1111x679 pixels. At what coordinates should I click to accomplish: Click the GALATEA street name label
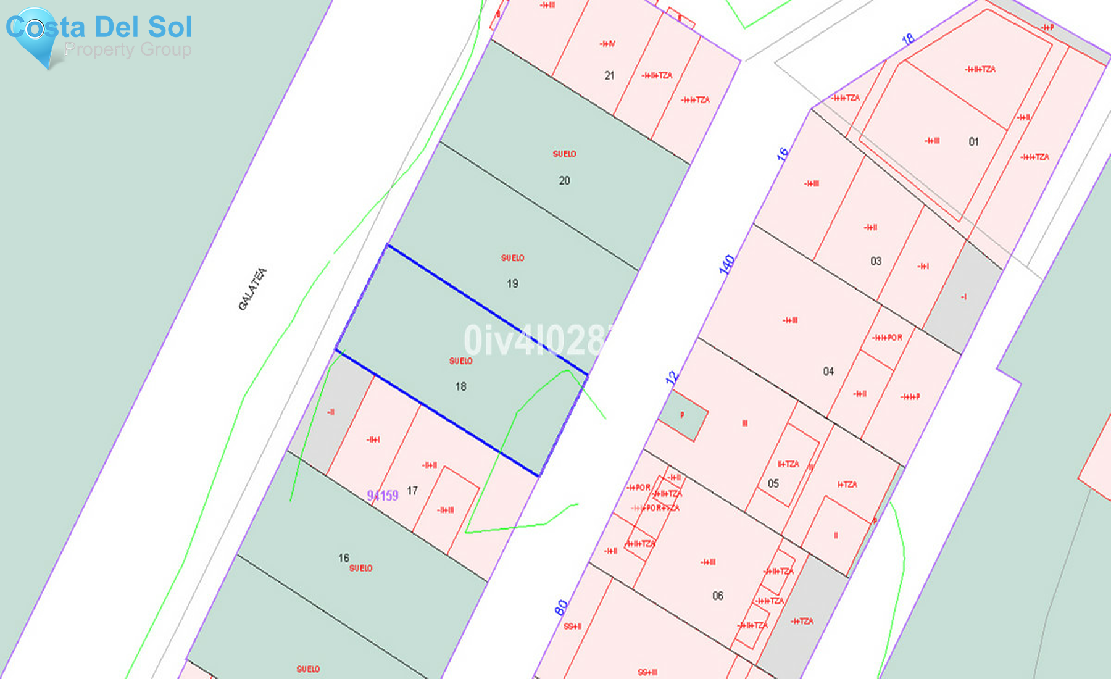[252, 289]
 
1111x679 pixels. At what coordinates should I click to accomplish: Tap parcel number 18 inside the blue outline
[460, 387]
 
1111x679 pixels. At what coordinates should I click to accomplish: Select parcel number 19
[512, 284]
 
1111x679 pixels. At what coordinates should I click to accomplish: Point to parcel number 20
[564, 181]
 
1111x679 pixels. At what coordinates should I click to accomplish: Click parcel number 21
[609, 76]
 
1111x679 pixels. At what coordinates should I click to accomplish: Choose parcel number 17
[412, 491]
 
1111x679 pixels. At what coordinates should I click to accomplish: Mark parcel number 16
[344, 558]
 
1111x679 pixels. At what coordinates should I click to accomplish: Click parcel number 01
[973, 142]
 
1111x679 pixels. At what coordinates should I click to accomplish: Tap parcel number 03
[876, 261]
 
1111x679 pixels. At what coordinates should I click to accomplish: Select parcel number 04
[828, 372]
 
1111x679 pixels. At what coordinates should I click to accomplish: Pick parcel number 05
[773, 484]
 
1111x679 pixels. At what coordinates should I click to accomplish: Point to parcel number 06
[718, 596]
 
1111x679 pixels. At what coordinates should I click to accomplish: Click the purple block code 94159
[383, 496]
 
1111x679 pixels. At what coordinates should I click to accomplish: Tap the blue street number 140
[727, 264]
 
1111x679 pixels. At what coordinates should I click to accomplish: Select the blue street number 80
[561, 607]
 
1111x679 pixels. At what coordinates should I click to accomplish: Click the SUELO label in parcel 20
[564, 154]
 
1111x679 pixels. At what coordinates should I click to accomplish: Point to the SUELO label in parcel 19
[512, 258]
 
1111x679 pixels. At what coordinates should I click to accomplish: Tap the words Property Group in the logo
[128, 49]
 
